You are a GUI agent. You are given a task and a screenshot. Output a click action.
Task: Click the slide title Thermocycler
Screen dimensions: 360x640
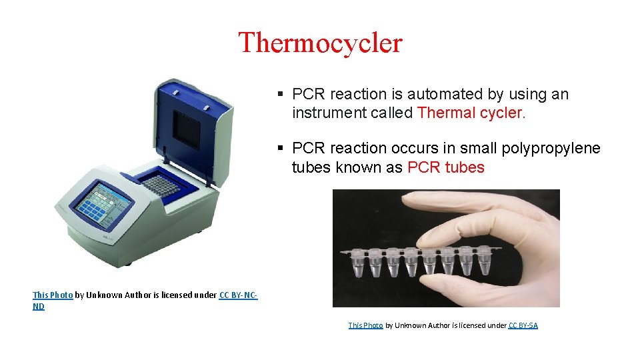click(320, 43)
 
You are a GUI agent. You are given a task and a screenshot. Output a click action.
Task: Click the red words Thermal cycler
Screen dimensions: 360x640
click(471, 113)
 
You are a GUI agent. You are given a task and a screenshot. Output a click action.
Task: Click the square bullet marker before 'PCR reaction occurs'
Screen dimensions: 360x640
click(282, 148)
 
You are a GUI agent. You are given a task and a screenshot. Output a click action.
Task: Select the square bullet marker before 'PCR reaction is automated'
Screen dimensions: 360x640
click(282, 95)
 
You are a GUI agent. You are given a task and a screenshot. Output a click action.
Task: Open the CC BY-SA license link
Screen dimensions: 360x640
click(523, 325)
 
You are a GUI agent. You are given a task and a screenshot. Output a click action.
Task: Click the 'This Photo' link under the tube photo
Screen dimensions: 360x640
click(365, 325)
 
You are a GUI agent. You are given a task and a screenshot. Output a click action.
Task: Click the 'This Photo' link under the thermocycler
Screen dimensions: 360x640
click(52, 295)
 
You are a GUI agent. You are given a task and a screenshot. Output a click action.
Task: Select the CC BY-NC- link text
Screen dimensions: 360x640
click(238, 295)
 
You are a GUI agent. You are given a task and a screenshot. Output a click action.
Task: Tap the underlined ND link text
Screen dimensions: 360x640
click(39, 307)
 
